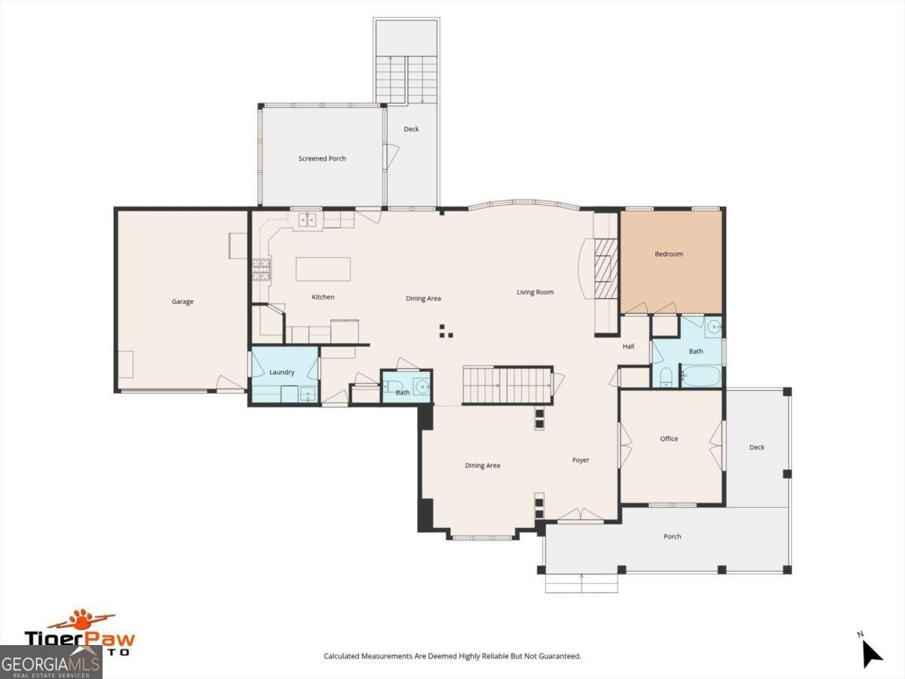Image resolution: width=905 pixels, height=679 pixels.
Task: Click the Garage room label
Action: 183,302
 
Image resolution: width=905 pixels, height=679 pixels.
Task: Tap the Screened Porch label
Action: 322,158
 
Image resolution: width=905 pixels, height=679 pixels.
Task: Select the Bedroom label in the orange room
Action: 669,254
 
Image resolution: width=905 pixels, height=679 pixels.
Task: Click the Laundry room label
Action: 281,372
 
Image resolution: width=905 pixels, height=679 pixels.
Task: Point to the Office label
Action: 669,438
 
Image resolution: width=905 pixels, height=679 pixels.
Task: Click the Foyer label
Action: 581,460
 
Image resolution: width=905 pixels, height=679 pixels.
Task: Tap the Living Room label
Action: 535,292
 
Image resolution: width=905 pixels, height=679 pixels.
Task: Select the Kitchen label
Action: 323,296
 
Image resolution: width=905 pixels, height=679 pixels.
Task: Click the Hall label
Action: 628,346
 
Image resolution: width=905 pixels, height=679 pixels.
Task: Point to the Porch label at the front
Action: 672,536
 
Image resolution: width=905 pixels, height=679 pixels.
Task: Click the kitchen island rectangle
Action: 324,269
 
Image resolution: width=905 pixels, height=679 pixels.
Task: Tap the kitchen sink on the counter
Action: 308,220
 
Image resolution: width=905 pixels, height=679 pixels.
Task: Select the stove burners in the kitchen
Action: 261,269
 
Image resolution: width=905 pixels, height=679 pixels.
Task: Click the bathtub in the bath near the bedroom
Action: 701,376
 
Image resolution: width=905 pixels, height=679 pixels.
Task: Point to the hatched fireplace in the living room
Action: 606,269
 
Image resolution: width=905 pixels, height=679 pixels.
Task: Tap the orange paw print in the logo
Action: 81,616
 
